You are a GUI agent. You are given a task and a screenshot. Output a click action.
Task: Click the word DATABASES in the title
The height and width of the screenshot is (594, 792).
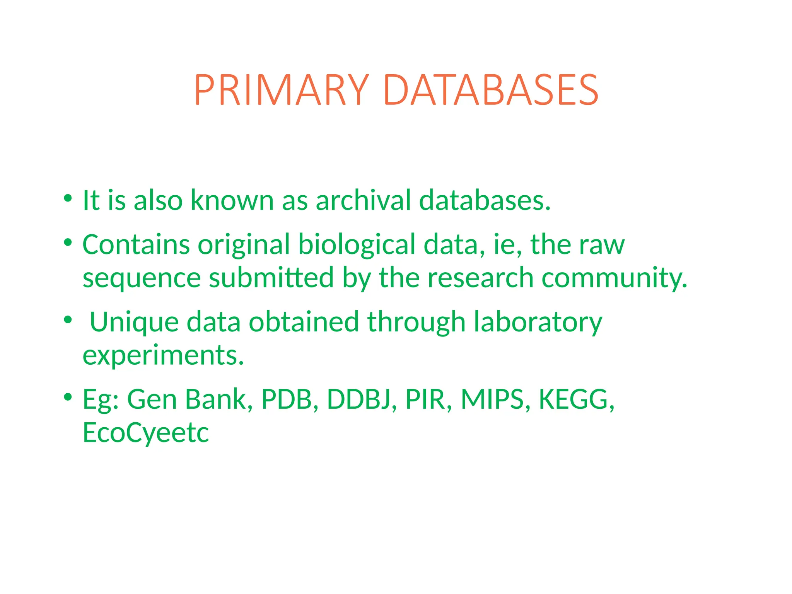click(x=491, y=90)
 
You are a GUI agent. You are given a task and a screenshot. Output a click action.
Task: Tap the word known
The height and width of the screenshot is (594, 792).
click(x=232, y=200)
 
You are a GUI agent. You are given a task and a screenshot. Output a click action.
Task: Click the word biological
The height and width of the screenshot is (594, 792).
click(x=357, y=245)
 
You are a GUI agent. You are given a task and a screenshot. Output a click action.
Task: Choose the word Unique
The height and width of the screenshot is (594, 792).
click(x=134, y=323)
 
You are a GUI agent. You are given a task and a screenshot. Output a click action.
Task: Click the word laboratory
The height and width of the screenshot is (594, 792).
click(x=538, y=323)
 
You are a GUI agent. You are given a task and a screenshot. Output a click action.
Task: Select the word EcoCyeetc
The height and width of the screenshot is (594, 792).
click(x=146, y=433)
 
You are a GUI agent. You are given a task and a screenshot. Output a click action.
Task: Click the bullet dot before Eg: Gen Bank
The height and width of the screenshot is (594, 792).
click(x=68, y=397)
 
